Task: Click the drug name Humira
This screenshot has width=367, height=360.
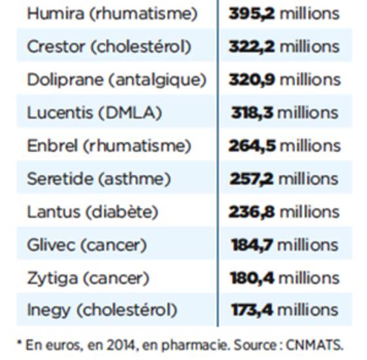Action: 56,13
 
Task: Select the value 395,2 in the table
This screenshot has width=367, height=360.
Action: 252,14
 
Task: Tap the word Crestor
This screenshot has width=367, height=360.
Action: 56,47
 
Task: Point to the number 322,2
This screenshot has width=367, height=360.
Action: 252,47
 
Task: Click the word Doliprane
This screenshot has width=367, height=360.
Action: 66,79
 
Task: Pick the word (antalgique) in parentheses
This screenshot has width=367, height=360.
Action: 157,80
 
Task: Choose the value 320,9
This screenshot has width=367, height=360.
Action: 252,80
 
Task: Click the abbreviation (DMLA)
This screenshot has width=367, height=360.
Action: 130,113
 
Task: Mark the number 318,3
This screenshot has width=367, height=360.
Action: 252,113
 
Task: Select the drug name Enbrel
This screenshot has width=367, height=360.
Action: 52,146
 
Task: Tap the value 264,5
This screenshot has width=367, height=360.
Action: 252,146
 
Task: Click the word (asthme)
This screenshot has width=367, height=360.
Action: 134,179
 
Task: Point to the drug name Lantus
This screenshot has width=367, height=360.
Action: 54,212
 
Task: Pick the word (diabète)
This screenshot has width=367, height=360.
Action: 122,212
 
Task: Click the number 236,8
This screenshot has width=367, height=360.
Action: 252,212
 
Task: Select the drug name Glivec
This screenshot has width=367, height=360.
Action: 51,245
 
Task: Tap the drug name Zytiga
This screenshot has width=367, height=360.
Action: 52,279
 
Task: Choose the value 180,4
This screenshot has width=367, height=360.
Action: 252,278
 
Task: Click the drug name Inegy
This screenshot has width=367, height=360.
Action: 48,311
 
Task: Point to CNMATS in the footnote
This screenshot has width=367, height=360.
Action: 315,345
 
